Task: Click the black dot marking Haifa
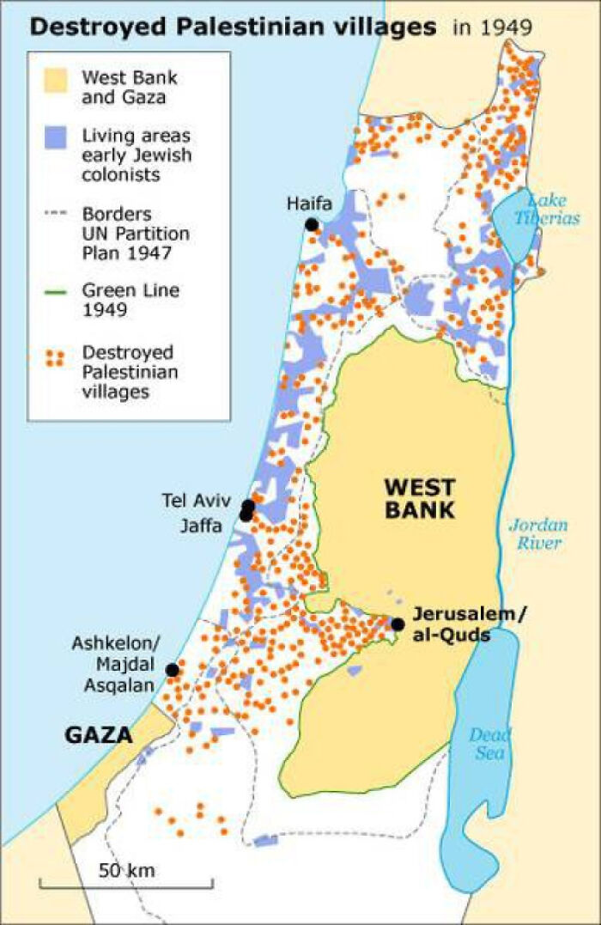coord(311,224)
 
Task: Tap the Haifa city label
coord(309,204)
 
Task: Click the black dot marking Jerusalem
coord(398,624)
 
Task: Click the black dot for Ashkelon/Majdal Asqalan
coord(172,670)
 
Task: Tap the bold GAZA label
coord(99,735)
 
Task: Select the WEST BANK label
coord(419,499)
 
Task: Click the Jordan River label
coord(536,532)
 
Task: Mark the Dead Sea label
coord(490,744)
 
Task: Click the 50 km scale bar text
coord(126,870)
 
